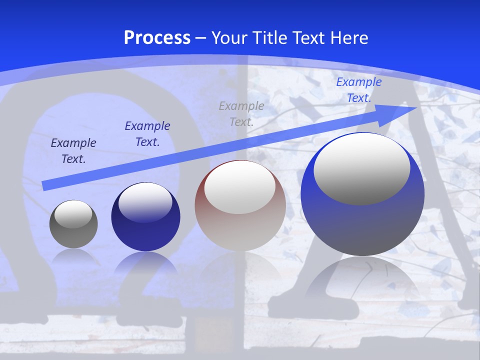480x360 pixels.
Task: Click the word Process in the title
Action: (x=157, y=38)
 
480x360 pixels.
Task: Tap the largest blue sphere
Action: (x=362, y=220)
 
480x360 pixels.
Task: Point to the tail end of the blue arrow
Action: (x=45, y=185)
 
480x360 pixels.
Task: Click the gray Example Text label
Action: (x=241, y=113)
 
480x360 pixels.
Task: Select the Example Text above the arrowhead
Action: (x=359, y=90)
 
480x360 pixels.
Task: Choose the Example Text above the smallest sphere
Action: (x=73, y=150)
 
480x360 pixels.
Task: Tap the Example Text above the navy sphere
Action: (x=147, y=133)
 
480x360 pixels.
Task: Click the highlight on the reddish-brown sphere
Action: (x=240, y=187)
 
